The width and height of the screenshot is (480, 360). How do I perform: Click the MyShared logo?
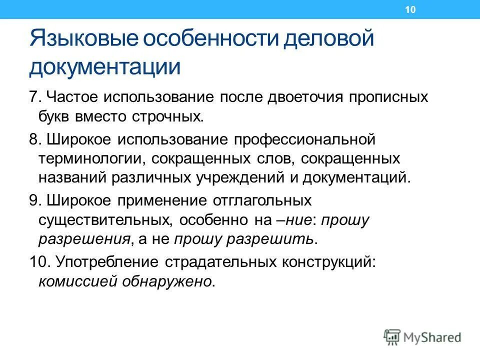[x=422, y=337]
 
